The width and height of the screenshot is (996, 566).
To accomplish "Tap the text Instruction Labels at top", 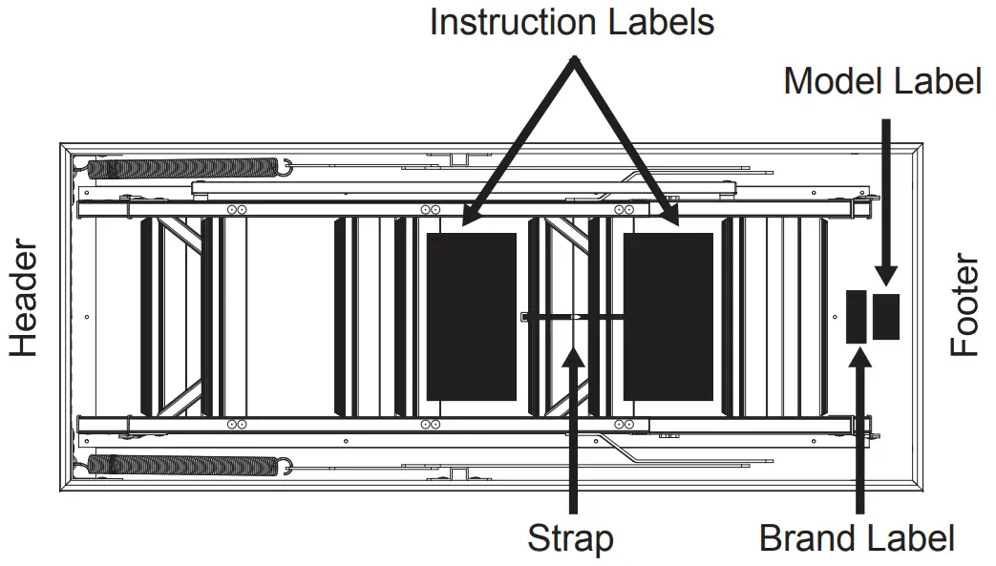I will (x=571, y=21).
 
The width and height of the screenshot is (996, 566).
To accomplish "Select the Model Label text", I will (x=882, y=81).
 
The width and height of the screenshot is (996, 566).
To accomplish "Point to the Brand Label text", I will (x=857, y=538).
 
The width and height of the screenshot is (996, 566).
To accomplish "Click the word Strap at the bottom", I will (x=570, y=538).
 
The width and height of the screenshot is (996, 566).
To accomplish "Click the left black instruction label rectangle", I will (x=471, y=316).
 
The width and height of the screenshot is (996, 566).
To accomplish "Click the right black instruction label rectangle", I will (x=668, y=316).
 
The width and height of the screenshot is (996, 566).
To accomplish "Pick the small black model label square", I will (x=886, y=316).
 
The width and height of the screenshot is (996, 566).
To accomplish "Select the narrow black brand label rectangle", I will (x=857, y=316).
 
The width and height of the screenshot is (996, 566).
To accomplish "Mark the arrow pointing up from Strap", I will (x=572, y=430).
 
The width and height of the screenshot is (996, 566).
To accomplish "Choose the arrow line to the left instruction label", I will (x=520, y=143).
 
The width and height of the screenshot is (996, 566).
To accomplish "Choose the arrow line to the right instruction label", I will (x=625, y=143).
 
